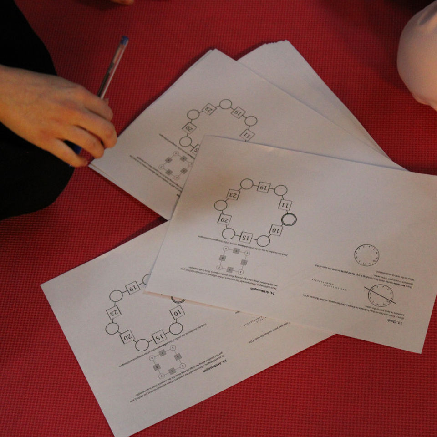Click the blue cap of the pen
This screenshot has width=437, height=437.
tap(123, 41)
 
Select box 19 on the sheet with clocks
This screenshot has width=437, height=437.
tap(264, 187)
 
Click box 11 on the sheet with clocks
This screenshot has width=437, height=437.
tap(285, 204)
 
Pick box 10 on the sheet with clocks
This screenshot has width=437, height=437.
tap(275, 230)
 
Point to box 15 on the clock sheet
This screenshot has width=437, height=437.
tap(246, 237)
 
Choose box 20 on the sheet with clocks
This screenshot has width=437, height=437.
tap(224, 220)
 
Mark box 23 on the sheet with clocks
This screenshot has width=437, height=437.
tap(233, 194)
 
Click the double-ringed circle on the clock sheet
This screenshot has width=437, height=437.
tap(289, 220)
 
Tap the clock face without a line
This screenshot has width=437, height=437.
tap(366, 255)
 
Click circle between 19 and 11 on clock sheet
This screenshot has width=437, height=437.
tap(281, 190)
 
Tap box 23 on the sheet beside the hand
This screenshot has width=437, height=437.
tap(208, 109)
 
